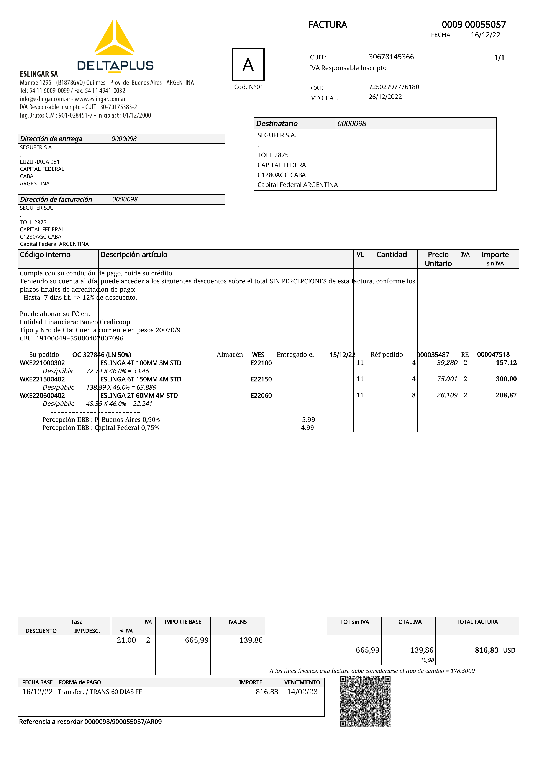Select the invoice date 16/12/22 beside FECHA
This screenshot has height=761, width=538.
[x=485, y=35]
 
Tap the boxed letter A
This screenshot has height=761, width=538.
[x=248, y=65]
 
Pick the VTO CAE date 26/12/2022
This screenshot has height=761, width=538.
[x=385, y=97]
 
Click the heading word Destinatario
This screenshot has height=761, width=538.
[x=277, y=124]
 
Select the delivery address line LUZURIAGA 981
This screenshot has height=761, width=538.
[x=39, y=162]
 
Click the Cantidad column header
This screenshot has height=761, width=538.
[x=392, y=255]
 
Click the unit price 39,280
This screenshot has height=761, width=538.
[x=447, y=363]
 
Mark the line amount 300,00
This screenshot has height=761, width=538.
[x=506, y=379]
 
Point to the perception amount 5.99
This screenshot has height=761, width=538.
[x=308, y=420]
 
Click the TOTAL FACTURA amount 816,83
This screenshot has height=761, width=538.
[x=486, y=650]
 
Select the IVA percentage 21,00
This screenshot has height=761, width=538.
[x=126, y=640]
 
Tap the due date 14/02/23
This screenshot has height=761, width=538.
[x=302, y=692]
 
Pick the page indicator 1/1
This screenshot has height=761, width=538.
[x=499, y=58]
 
